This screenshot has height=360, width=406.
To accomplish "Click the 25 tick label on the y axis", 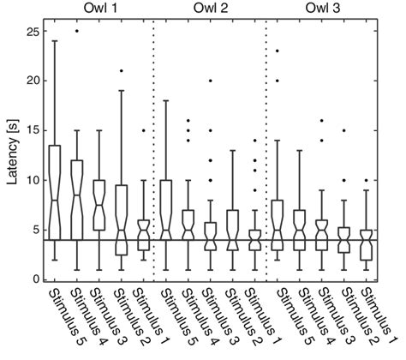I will (33, 31).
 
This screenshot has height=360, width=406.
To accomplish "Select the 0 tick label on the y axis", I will (36, 279).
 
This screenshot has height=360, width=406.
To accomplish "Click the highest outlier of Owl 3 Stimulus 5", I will (278, 51).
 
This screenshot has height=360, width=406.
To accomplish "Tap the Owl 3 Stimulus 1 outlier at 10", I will (367, 180).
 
